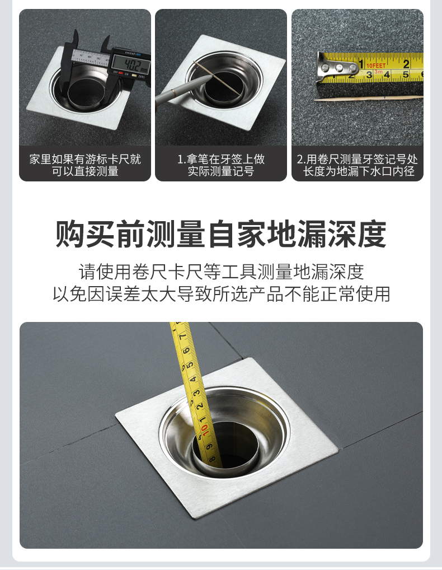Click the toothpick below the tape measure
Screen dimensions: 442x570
pos(369,98)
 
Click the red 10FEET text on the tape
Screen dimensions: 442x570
pos(375,66)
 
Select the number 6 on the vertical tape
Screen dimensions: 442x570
pos(186,351)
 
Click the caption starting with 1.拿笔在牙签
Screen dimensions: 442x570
pos(221,165)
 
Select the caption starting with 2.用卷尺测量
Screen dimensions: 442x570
pos(358,165)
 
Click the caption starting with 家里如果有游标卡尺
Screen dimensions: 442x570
pos(85,165)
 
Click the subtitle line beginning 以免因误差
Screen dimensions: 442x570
pos(221,294)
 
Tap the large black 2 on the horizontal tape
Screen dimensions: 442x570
pos(406,64)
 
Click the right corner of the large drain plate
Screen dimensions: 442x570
pos(337,449)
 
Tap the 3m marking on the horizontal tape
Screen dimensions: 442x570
pos(379,72)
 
